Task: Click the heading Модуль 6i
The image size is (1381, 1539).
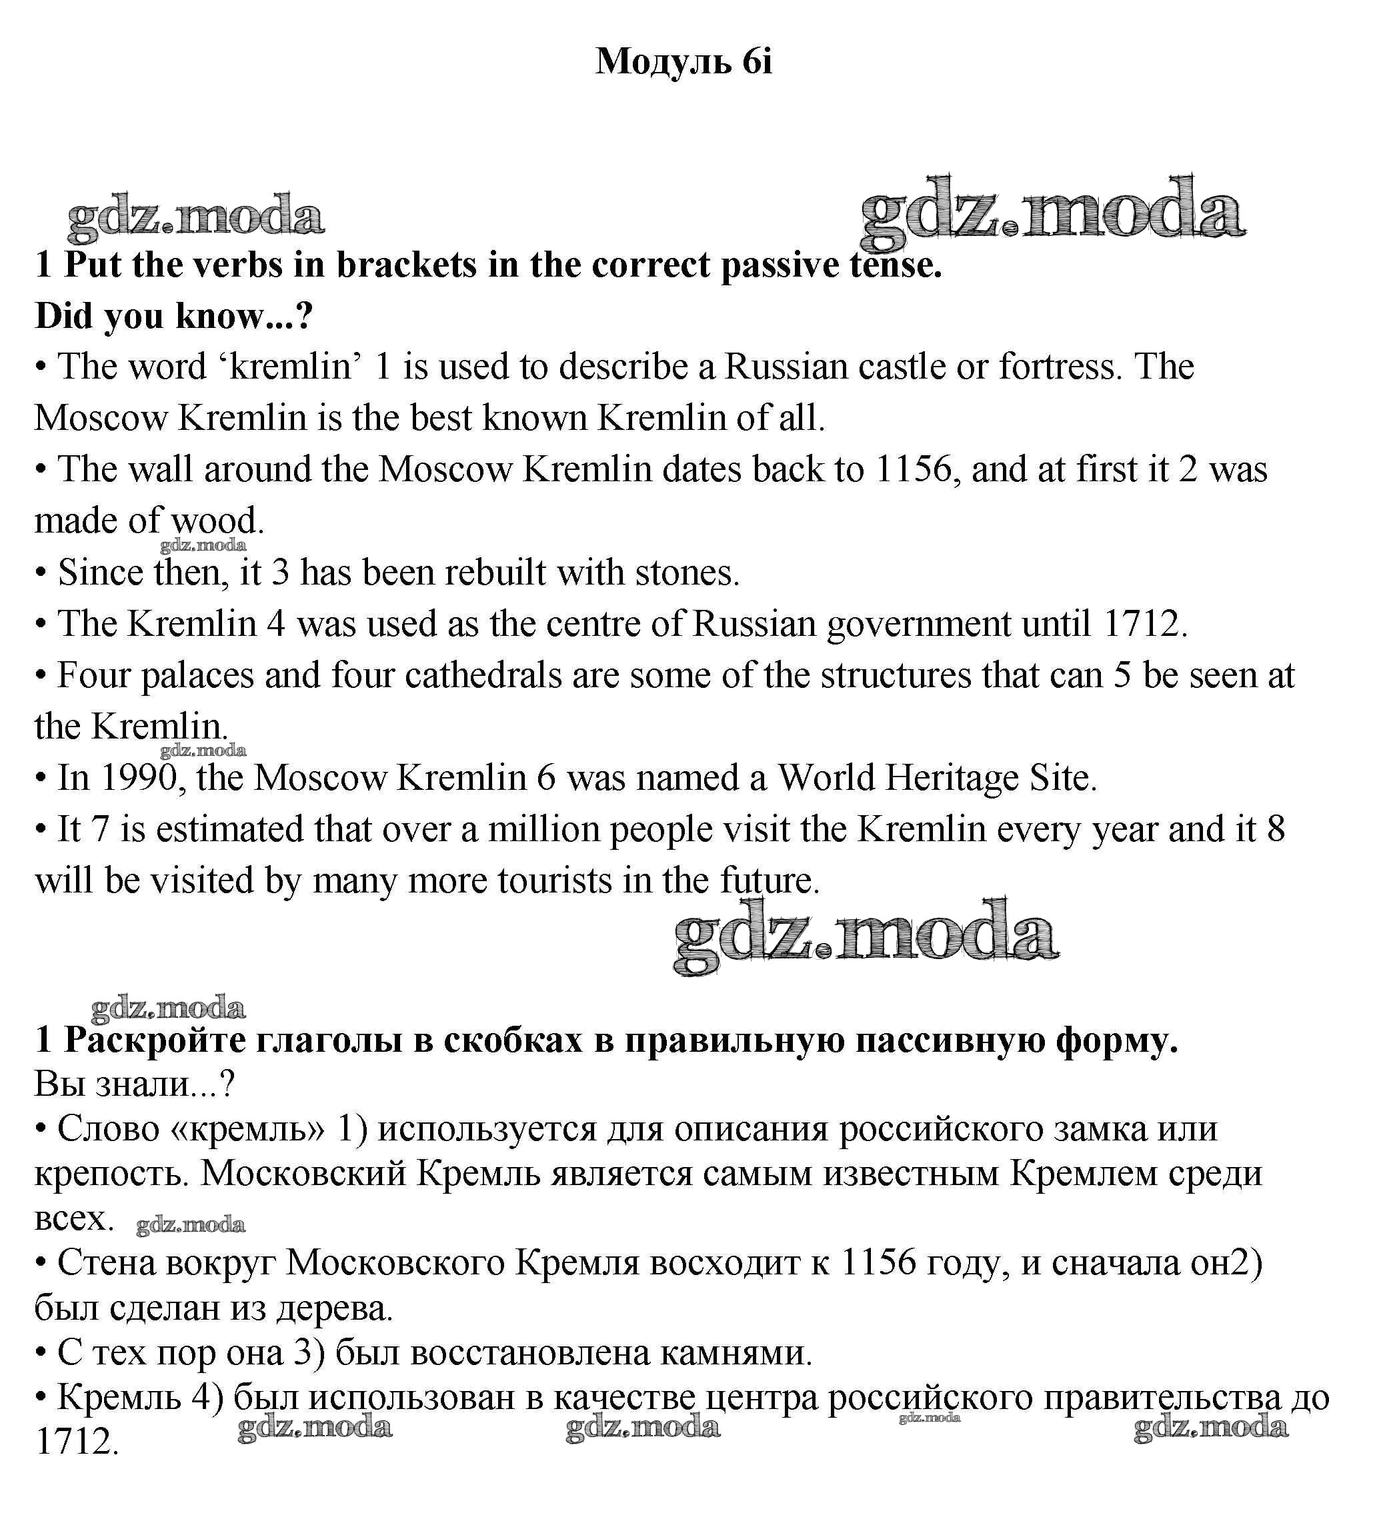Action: (x=683, y=61)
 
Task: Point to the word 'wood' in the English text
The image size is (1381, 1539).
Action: (x=215, y=521)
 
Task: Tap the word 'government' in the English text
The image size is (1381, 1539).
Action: (x=919, y=625)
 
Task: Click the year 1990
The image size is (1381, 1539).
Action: (x=139, y=778)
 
